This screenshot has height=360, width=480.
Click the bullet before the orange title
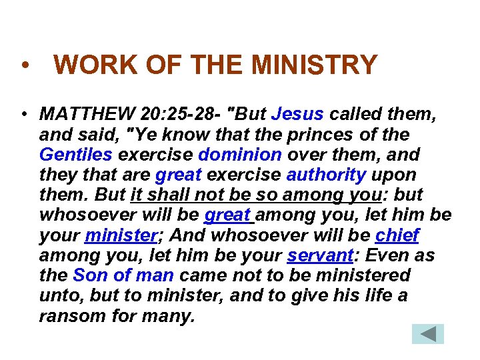pos(24,67)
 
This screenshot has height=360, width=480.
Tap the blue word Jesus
pos(298,114)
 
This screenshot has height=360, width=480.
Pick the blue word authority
pos(326,175)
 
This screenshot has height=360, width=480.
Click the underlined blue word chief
pos(397,235)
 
